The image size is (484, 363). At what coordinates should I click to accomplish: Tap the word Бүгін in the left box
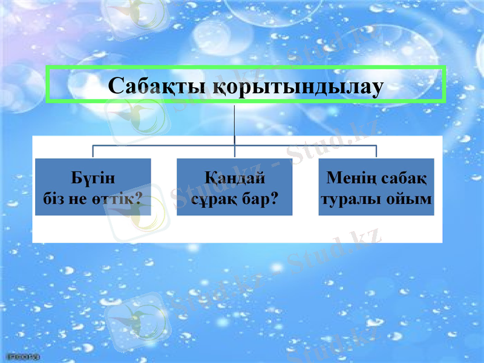pyautogui.click(x=93, y=178)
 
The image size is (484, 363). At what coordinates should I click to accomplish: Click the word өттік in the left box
pyautogui.click(x=114, y=198)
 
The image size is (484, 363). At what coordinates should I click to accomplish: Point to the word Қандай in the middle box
pyautogui.click(x=234, y=178)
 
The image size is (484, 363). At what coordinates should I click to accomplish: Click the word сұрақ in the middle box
pyautogui.click(x=212, y=198)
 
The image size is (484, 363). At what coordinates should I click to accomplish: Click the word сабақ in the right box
pyautogui.click(x=404, y=178)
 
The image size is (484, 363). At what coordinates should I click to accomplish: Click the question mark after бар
pyautogui.click(x=273, y=198)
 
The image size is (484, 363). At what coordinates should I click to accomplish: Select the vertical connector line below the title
pyautogui.click(x=234, y=124)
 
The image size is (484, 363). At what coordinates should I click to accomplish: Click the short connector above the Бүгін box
pyautogui.click(x=93, y=152)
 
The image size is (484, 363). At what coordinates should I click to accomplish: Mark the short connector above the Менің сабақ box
pyautogui.click(x=376, y=152)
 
